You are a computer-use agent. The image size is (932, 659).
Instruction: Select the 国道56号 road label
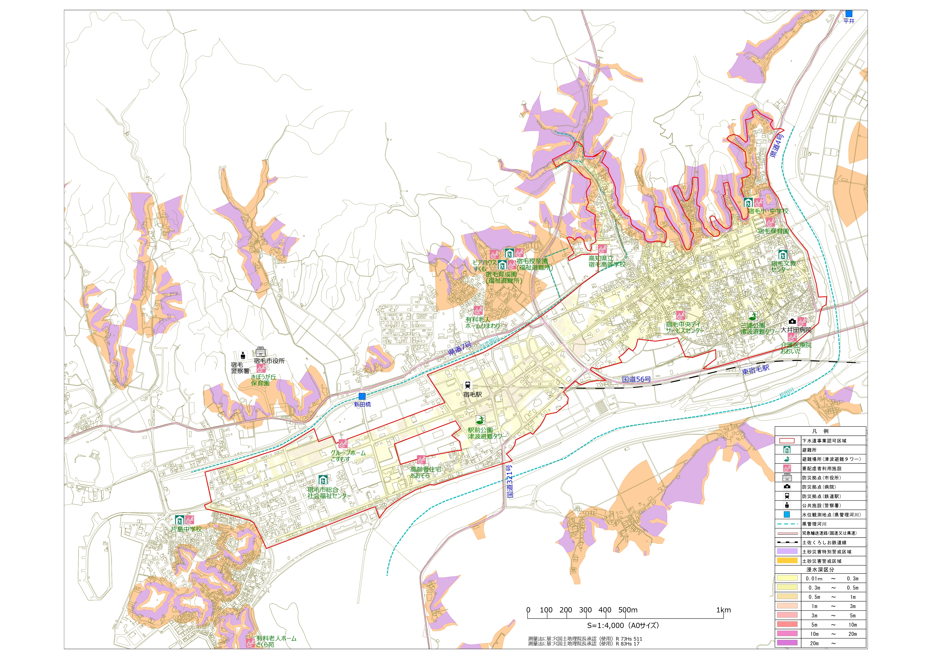(636, 379)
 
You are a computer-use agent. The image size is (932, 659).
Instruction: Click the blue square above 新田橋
(362, 396)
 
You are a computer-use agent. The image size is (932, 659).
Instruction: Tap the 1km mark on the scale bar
(723, 610)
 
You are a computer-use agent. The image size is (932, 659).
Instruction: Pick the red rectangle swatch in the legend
(787, 441)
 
